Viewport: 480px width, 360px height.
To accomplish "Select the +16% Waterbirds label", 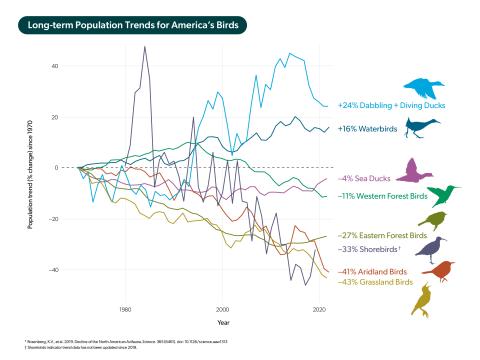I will click(x=365, y=129).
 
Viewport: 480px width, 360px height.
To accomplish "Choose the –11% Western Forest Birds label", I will click(x=381, y=195).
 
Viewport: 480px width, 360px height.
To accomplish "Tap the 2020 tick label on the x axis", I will click(x=318, y=310).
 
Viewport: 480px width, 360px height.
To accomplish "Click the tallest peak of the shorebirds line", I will click(x=145, y=47).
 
